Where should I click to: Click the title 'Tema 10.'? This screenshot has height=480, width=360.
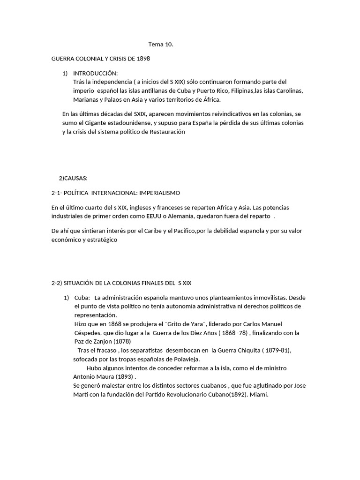pos(161,45)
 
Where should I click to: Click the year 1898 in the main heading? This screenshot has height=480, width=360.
pos(142,59)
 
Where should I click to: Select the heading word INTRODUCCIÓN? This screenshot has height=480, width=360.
pos(96,73)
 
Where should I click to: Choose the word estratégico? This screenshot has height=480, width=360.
pos(100,240)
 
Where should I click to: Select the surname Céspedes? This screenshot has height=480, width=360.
pos(88,333)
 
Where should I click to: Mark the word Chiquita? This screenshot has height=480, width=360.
pos(256,351)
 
